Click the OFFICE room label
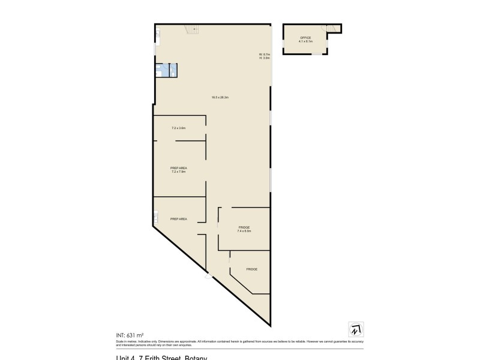tap(306, 38)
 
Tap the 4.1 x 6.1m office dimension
tap(306, 41)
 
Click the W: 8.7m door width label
tap(265, 55)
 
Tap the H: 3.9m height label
tap(265, 58)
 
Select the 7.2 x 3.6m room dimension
tap(179, 128)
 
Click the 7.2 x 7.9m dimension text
tap(179, 172)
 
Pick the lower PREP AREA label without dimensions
tap(179, 219)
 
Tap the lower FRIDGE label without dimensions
tap(251, 269)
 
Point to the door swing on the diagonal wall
tap(208, 277)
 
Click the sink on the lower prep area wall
tap(155, 215)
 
